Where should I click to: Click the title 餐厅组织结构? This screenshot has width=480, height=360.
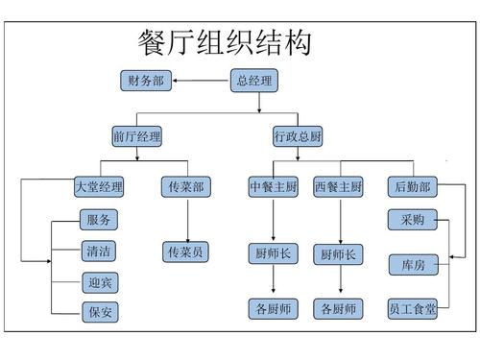225,43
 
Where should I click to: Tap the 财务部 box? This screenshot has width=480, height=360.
146,82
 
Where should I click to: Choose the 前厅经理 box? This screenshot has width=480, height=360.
136,137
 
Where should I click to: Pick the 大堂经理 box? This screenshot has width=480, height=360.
99,186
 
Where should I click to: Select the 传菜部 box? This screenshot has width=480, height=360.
185,186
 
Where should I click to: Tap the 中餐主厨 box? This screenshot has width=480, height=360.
273,186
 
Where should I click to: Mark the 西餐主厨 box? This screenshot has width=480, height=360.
339,186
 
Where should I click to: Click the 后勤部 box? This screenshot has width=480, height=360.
413,186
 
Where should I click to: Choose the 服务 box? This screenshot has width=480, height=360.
99,220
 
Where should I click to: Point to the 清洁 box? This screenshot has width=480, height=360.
99,252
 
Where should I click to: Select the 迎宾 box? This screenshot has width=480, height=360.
99,283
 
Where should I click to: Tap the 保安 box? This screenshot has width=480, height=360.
99,312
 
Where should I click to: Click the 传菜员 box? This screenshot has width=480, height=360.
185,252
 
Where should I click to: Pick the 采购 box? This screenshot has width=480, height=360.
413,220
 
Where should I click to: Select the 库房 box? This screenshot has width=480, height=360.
413,263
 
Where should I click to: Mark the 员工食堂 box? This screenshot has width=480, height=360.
413,309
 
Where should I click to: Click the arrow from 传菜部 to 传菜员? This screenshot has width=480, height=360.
185,220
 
